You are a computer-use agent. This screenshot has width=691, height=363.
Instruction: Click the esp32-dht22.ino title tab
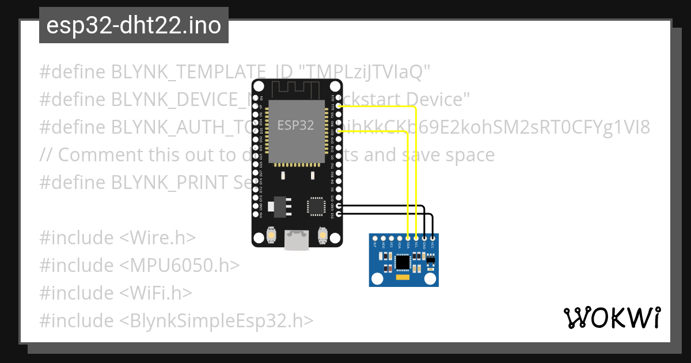(x=134, y=25)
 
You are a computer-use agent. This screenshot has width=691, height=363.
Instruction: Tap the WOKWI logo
(x=612, y=318)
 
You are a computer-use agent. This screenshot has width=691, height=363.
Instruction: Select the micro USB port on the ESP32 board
(x=297, y=240)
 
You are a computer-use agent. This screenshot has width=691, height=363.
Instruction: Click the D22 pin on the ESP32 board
(x=339, y=106)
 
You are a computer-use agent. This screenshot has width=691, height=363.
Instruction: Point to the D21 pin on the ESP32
(x=339, y=131)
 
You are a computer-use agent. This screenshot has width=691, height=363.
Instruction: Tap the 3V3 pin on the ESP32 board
(x=339, y=214)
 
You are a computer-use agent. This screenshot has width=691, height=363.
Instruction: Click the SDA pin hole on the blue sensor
(x=408, y=238)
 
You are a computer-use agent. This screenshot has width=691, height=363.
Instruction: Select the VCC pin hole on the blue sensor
(x=432, y=238)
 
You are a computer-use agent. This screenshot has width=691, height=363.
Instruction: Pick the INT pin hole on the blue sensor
(x=375, y=238)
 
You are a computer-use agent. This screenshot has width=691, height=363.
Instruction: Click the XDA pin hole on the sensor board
(x=400, y=238)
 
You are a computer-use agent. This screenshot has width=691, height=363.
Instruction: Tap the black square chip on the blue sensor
(x=404, y=263)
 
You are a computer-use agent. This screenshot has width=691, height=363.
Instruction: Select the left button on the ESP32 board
(x=271, y=236)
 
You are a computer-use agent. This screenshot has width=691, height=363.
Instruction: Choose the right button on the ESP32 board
(x=322, y=236)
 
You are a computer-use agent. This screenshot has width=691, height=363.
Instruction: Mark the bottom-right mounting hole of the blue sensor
(x=430, y=279)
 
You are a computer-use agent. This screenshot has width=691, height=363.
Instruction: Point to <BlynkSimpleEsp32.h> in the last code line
(x=217, y=320)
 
